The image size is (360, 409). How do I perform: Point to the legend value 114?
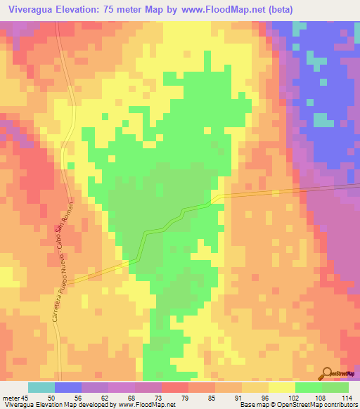click(345, 398)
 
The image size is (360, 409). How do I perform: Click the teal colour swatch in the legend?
click(41, 387)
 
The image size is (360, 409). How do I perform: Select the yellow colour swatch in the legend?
click(282, 387)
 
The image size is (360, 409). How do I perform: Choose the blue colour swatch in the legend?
click(68, 387)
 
